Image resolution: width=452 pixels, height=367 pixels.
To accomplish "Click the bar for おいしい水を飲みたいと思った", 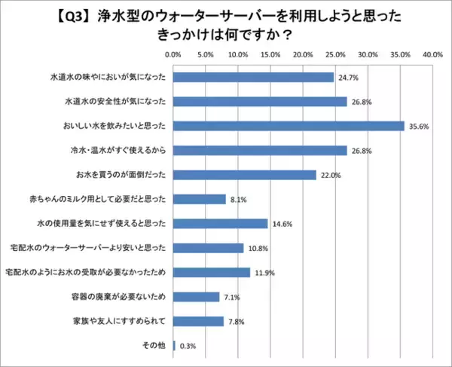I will (289, 126).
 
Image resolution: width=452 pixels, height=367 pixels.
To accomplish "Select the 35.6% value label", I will (419, 126).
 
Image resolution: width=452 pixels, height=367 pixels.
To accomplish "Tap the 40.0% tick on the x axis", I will (432, 55).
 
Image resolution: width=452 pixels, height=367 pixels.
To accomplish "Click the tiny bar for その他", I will (174, 346).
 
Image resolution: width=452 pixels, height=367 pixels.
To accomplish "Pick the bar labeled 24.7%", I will (253, 77).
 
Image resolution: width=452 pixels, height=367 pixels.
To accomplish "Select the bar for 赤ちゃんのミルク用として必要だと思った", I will (200, 199).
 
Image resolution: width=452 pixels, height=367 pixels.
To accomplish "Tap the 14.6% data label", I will (282, 224).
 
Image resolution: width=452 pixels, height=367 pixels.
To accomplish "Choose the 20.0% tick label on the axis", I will (303, 55).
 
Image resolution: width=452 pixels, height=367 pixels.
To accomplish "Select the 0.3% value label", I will (186, 346).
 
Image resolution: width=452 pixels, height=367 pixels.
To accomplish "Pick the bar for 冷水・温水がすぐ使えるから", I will (260, 150).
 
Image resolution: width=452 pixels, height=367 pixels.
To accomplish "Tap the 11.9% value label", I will (264, 273).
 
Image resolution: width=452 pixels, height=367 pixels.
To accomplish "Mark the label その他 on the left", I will (154, 346).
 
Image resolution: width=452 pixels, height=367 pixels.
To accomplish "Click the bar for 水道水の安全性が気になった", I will (260, 101).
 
